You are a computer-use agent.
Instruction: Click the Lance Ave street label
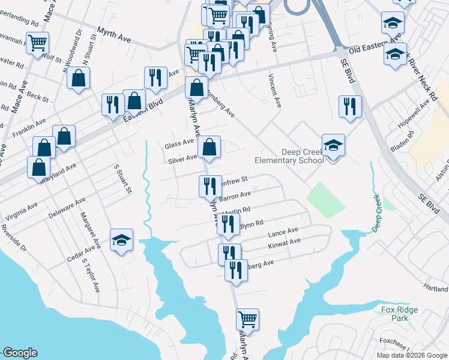click(283, 231)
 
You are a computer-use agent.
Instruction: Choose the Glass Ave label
click(179, 144)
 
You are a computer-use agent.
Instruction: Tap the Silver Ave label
click(182, 159)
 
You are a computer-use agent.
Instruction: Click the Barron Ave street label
click(235, 196)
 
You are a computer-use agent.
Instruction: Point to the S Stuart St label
click(122, 179)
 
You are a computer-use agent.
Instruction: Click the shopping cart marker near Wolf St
click(37, 44)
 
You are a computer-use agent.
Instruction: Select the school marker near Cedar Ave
click(121, 241)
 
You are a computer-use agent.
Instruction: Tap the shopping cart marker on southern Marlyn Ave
click(247, 319)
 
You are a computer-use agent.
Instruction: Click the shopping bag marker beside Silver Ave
click(209, 147)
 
